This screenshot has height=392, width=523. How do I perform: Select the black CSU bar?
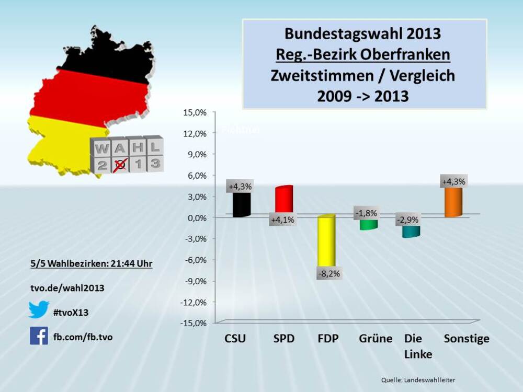click(241, 204)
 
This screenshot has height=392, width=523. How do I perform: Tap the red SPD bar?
click(284, 199)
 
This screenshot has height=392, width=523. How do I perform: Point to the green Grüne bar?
click(368, 224)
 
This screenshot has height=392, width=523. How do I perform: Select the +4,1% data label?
click(283, 220)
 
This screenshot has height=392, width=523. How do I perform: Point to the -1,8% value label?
click(366, 213)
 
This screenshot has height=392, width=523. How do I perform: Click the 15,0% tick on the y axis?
click(195, 112)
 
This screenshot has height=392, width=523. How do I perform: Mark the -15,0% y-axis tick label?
click(194, 323)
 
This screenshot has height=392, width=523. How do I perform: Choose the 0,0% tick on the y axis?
click(196, 217)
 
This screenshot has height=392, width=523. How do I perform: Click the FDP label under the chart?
click(328, 339)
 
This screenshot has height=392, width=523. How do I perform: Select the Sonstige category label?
click(467, 339)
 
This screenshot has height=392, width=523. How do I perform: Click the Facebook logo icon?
click(39, 336)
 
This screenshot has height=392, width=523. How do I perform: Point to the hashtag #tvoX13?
click(71, 313)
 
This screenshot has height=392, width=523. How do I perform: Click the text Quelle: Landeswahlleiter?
click(418, 379)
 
